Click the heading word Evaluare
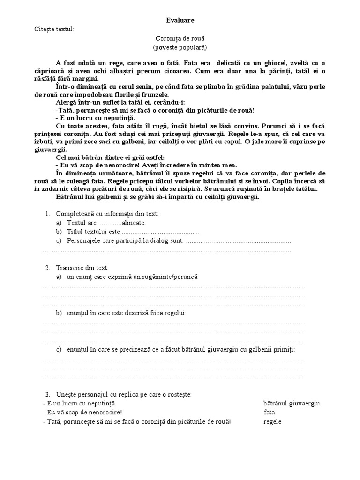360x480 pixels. click(x=180, y=20)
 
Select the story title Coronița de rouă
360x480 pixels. click(x=180, y=38)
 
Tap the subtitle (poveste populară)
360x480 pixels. click(x=180, y=47)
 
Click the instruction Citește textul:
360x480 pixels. click(x=54, y=30)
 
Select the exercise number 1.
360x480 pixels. click(x=47, y=214)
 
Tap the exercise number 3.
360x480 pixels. click(x=47, y=394)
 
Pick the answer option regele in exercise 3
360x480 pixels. click(x=272, y=421)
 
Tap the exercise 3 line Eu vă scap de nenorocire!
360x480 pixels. click(x=82, y=412)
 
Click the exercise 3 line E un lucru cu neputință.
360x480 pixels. click(x=79, y=403)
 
